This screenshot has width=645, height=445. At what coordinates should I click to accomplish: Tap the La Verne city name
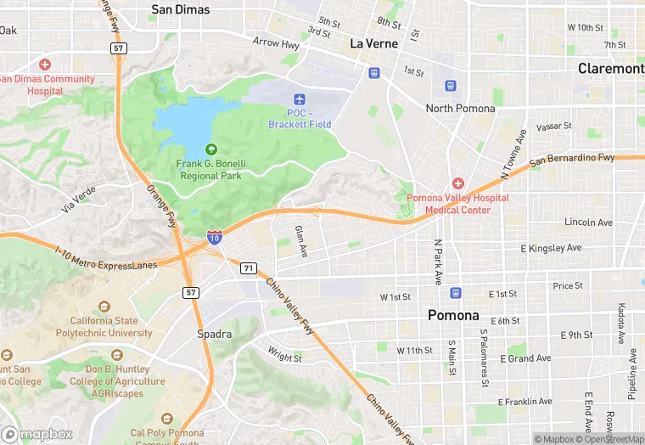pos(373,43)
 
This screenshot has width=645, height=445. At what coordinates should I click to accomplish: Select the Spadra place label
pos(215,334)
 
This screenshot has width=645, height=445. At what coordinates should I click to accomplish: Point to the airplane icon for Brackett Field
pos(298,99)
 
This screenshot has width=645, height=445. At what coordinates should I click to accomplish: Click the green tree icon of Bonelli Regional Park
pos(210,149)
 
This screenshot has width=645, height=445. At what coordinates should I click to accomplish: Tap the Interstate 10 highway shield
pos(215,239)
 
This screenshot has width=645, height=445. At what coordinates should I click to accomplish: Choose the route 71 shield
pos(247,268)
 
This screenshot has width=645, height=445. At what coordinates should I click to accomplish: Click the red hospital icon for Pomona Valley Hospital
pos(458,183)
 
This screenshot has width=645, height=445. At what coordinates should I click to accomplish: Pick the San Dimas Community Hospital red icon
pos(44,65)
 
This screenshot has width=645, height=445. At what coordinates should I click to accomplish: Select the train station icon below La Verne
pos(373,73)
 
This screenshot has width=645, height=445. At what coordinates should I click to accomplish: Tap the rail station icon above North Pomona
pos(451,86)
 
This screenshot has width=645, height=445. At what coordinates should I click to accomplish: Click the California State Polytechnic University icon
pos(104,307)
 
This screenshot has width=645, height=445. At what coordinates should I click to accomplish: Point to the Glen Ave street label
pos(300,241)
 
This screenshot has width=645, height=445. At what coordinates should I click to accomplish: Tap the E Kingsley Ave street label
pos(551,248)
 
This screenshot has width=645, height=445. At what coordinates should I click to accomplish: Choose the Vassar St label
pos(554,127)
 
